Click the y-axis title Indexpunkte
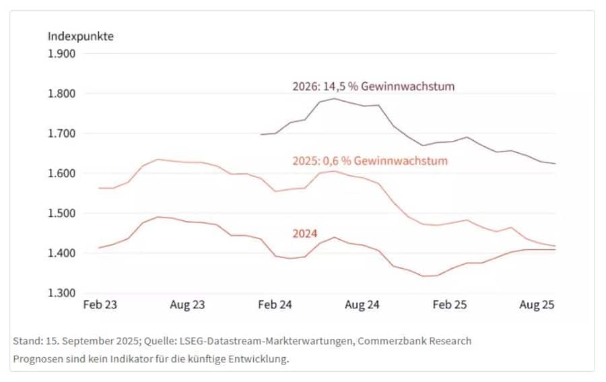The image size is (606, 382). point(80,36)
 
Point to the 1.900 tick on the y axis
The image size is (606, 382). point(61,54)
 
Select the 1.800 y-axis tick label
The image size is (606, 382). point(61,94)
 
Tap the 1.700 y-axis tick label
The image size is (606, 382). point(61,133)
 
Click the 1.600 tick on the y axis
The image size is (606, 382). point(61,174)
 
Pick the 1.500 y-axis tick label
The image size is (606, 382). point(61,214)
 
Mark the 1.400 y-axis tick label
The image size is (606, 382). point(61,253)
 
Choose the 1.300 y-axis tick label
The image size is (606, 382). point(61,293)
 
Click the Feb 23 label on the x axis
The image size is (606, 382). point(100,305)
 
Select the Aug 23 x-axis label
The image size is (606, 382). point(187,305)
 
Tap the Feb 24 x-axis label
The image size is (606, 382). point(275,305)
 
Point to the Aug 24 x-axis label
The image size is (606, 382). point(362,305)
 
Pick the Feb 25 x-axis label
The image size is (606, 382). point(450,305)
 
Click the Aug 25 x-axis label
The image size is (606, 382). point(537,305)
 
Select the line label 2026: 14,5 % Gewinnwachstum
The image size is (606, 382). point(374,86)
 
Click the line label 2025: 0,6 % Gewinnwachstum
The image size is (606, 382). point(370,161)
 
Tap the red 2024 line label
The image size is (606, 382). point(305,234)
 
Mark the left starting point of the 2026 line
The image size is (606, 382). point(261,134)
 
